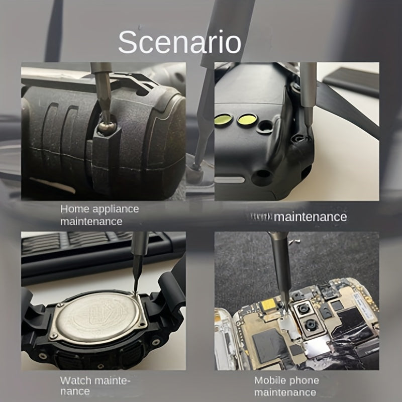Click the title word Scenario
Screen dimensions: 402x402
pos(180,43)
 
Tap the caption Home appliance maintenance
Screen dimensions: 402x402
pos(99,215)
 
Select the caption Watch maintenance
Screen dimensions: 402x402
pos(95,386)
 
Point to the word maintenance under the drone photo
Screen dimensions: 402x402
pos(311,217)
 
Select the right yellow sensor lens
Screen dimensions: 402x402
pos(247,120)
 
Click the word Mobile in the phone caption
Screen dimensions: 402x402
pos(269,380)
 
